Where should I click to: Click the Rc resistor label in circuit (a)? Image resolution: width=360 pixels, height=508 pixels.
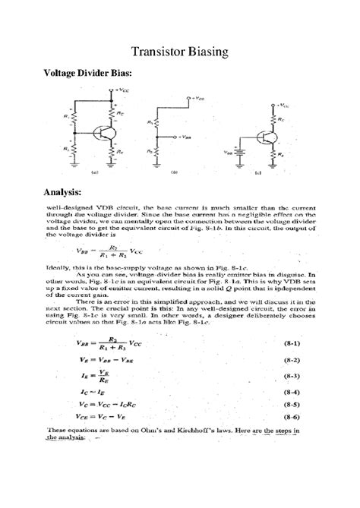119,112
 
